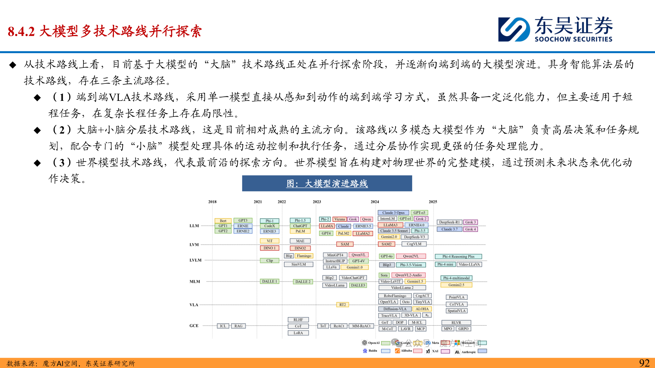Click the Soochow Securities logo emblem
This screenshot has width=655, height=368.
(x=514, y=30)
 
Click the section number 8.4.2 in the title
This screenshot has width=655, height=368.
(x=21, y=31)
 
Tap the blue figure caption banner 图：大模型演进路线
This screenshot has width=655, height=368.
(x=327, y=183)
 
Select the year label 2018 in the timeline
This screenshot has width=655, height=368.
(x=212, y=202)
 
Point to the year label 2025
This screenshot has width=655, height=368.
(x=433, y=202)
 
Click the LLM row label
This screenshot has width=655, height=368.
(x=194, y=226)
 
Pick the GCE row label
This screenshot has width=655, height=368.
(x=194, y=326)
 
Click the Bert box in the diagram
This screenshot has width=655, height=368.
(x=223, y=221)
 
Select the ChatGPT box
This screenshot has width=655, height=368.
(x=300, y=226)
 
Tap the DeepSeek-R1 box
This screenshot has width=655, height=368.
(x=449, y=222)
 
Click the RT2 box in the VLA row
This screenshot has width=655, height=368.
(x=342, y=305)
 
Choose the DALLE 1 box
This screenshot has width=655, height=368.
(x=270, y=281)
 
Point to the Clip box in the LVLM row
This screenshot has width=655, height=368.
(x=270, y=261)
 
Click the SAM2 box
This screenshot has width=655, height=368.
(x=386, y=244)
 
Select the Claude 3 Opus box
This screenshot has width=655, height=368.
(x=393, y=213)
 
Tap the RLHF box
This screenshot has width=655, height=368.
(x=298, y=320)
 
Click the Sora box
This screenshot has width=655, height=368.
(x=384, y=275)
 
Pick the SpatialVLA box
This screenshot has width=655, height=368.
(x=456, y=311)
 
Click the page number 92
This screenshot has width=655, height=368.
(x=644, y=363)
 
